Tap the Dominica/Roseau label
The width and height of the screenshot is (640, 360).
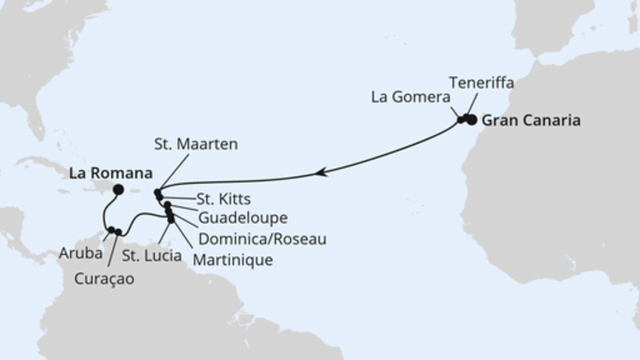tap(253, 238)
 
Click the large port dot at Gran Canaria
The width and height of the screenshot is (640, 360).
tap(471, 120)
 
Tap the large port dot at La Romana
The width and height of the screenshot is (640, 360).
tap(118, 190)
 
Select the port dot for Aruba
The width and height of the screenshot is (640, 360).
tap(110, 231)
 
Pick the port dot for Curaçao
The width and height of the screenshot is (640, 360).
tap(118, 233)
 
